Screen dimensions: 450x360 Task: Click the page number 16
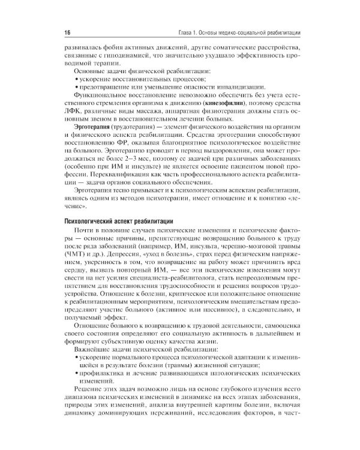[x=67, y=31]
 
